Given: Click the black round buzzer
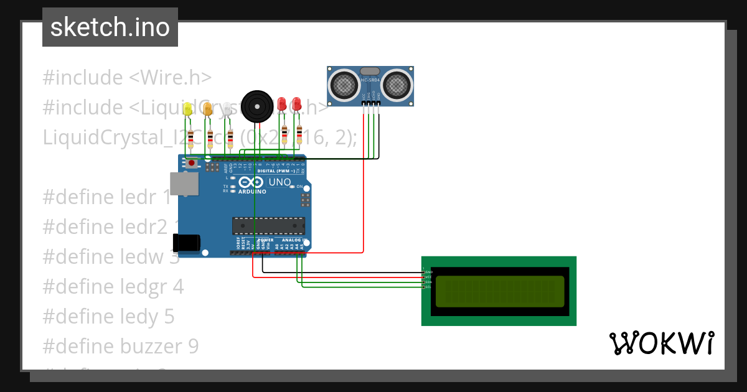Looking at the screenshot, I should (257, 106).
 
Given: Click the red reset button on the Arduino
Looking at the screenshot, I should (192, 163).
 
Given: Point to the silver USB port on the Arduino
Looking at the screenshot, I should (185, 184).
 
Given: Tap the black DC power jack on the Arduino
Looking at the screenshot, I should (186, 243).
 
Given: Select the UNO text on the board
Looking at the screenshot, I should (279, 182).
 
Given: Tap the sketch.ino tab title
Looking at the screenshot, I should (110, 27).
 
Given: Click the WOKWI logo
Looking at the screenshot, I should (661, 343).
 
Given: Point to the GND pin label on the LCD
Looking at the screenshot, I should (428, 273).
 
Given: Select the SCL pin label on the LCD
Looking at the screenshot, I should (428, 287).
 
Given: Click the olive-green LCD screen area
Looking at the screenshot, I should (499, 291).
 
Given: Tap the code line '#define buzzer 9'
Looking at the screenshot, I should (120, 346).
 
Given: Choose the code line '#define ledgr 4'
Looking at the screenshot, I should (113, 286).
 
